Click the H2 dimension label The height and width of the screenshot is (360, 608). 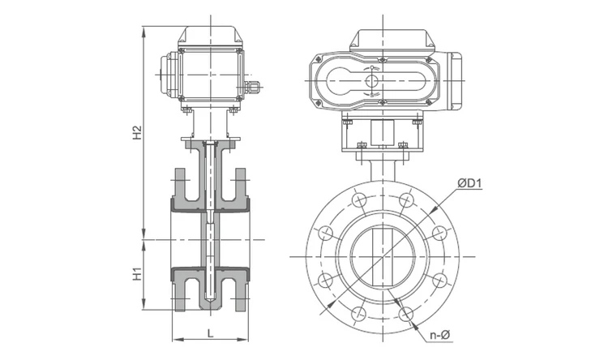pyautogui.click(x=137, y=133)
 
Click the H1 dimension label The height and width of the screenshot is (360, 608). pyautogui.click(x=137, y=274)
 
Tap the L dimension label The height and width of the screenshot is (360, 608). pyautogui.click(x=210, y=333)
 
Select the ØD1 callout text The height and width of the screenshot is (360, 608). pyautogui.click(x=469, y=182)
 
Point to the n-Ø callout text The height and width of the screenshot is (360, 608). pyautogui.click(x=439, y=335)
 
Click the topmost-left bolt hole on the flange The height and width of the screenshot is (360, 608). pyautogui.click(x=359, y=199)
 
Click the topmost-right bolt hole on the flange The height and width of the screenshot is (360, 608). pyautogui.click(x=406, y=199)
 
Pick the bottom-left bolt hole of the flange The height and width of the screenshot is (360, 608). pyautogui.click(x=359, y=314)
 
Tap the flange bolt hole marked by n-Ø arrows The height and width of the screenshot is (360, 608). pyautogui.click(x=406, y=314)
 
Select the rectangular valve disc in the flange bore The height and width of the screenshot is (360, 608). pyautogui.click(x=383, y=257)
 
